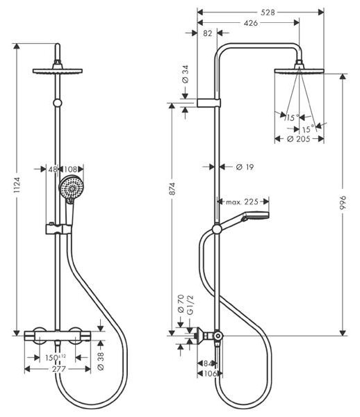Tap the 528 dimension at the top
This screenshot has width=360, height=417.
[x=268, y=13]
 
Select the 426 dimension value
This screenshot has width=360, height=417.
[x=250, y=23]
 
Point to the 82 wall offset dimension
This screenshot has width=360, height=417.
[x=207, y=33]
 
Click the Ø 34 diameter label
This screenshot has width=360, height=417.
[x=185, y=74]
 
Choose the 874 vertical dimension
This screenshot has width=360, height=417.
[x=172, y=189]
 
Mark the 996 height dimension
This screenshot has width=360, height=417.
[x=343, y=203]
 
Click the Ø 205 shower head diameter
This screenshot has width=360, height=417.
[x=299, y=139]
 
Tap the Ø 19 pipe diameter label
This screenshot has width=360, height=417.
[x=245, y=167]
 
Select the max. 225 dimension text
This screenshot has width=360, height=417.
[x=242, y=202]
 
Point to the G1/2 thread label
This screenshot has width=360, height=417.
[x=190, y=305]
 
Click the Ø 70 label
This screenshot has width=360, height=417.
[x=181, y=303]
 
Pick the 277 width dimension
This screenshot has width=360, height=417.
[x=59, y=369]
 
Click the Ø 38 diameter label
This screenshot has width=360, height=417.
[x=101, y=361]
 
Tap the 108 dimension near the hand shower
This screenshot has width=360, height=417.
[x=70, y=169]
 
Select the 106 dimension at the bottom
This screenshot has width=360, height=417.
[x=210, y=374]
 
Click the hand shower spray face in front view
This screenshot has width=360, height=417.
[x=72, y=188]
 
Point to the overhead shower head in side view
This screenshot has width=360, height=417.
[x=299, y=71]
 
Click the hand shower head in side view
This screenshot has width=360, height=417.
[x=255, y=215]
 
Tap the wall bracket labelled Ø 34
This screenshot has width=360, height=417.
[x=208, y=103]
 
